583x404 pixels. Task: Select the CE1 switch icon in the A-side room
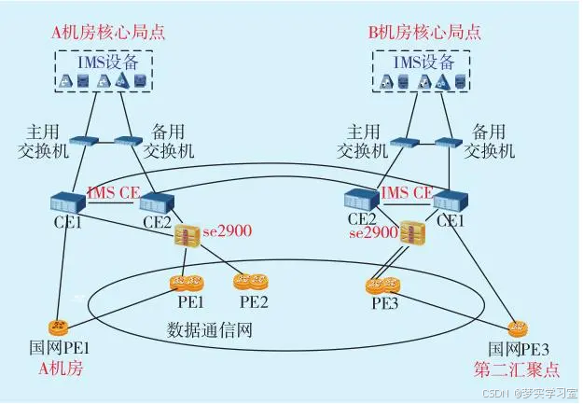(68, 202)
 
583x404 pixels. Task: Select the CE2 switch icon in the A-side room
(158, 202)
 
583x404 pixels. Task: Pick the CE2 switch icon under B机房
(362, 199)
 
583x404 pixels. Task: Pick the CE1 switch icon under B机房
(451, 200)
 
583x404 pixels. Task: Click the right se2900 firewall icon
(411, 233)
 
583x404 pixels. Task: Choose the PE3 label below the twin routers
(384, 302)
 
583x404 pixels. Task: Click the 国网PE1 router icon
(58, 326)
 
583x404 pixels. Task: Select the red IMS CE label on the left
(113, 192)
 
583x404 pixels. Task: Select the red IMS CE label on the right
(407, 192)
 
